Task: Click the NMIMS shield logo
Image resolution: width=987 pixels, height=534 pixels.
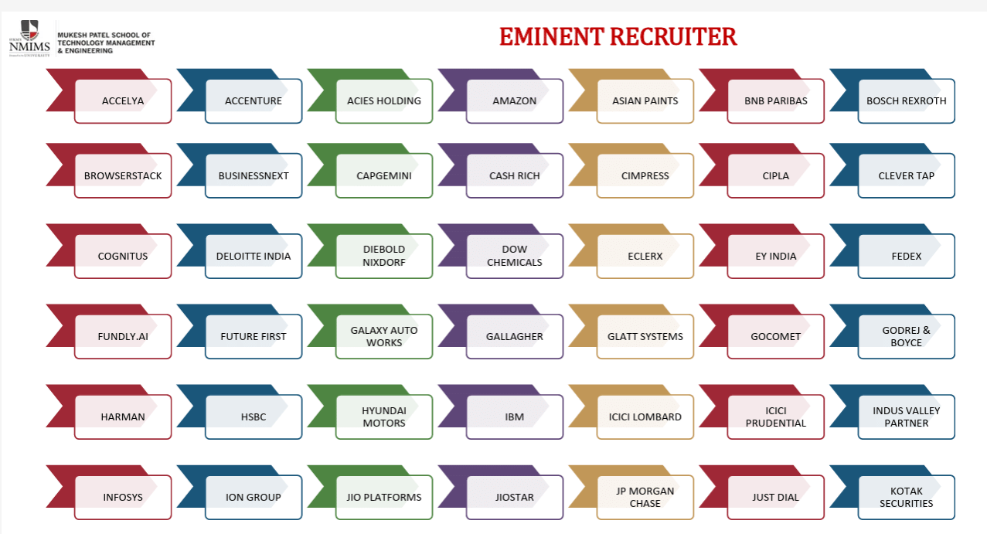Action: click(30, 30)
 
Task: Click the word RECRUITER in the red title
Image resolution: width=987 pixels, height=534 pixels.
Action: click(674, 36)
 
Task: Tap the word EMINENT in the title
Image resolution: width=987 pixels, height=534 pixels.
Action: click(551, 36)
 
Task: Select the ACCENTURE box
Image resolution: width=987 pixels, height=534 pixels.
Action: click(254, 101)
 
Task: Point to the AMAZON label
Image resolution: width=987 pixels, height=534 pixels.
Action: click(514, 101)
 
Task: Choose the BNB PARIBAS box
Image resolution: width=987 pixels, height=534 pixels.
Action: click(775, 101)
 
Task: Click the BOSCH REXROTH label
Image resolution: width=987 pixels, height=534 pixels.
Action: click(906, 101)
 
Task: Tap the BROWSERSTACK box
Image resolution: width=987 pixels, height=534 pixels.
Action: click(123, 175)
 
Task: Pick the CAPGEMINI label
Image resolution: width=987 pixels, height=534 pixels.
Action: click(384, 175)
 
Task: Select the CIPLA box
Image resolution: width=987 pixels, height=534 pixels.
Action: click(775, 175)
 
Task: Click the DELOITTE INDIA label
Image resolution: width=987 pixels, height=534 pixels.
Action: click(254, 256)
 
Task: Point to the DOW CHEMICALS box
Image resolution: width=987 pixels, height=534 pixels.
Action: click(514, 256)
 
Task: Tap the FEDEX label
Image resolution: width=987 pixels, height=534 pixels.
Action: click(906, 256)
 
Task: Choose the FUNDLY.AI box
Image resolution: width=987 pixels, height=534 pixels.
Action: click(123, 336)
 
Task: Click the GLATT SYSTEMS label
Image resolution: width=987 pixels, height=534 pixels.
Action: click(645, 337)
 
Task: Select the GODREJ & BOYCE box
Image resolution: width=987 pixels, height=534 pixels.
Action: click(906, 336)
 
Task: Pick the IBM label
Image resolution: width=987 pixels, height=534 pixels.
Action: click(514, 417)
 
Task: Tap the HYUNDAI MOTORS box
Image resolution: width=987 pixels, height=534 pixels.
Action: click(384, 417)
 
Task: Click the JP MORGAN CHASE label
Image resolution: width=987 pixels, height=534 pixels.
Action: click(645, 497)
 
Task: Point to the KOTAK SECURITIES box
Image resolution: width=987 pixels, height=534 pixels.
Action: click(906, 497)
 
